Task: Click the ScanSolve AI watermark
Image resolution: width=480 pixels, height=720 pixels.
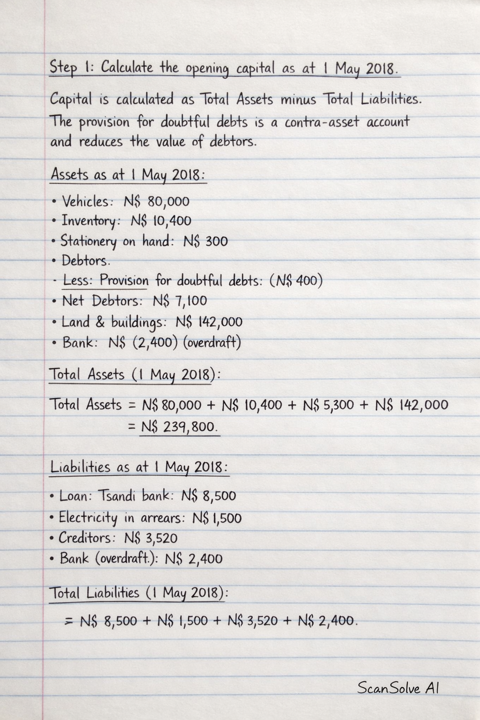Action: [398, 688]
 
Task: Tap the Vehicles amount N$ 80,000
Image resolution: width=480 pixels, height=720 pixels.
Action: [157, 202]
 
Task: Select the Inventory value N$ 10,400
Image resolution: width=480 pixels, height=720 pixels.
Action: [161, 221]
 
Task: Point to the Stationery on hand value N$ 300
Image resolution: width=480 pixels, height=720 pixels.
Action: [205, 241]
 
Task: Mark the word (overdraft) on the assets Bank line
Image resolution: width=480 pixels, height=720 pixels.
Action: [211, 343]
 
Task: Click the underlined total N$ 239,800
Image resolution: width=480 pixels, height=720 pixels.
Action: [180, 427]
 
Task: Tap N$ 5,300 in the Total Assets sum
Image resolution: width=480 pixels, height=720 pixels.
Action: [328, 405]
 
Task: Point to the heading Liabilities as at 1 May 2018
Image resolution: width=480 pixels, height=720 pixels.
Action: [139, 467]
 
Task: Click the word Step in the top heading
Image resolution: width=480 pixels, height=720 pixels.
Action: [63, 67]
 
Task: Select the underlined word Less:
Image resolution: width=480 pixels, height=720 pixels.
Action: [78, 281]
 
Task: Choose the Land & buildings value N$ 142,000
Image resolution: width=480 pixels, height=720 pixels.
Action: [209, 322]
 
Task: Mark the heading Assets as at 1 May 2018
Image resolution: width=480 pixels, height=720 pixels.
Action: [128, 175]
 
